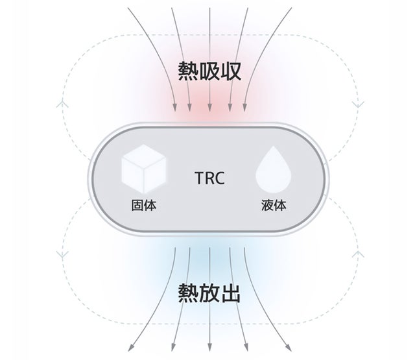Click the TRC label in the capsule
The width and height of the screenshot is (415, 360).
209,178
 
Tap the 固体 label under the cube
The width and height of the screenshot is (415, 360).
143,206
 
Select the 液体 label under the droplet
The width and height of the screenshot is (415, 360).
273,206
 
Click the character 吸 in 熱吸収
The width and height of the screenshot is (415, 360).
209,71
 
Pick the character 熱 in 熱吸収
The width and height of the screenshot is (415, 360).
187,71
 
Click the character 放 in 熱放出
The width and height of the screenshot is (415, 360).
209,294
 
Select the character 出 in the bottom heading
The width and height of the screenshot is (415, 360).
230,294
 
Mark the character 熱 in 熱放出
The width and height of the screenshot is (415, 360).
187,294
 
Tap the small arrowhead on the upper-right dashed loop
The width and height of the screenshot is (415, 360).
355,104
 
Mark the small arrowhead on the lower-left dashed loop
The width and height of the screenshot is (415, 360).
62,254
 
